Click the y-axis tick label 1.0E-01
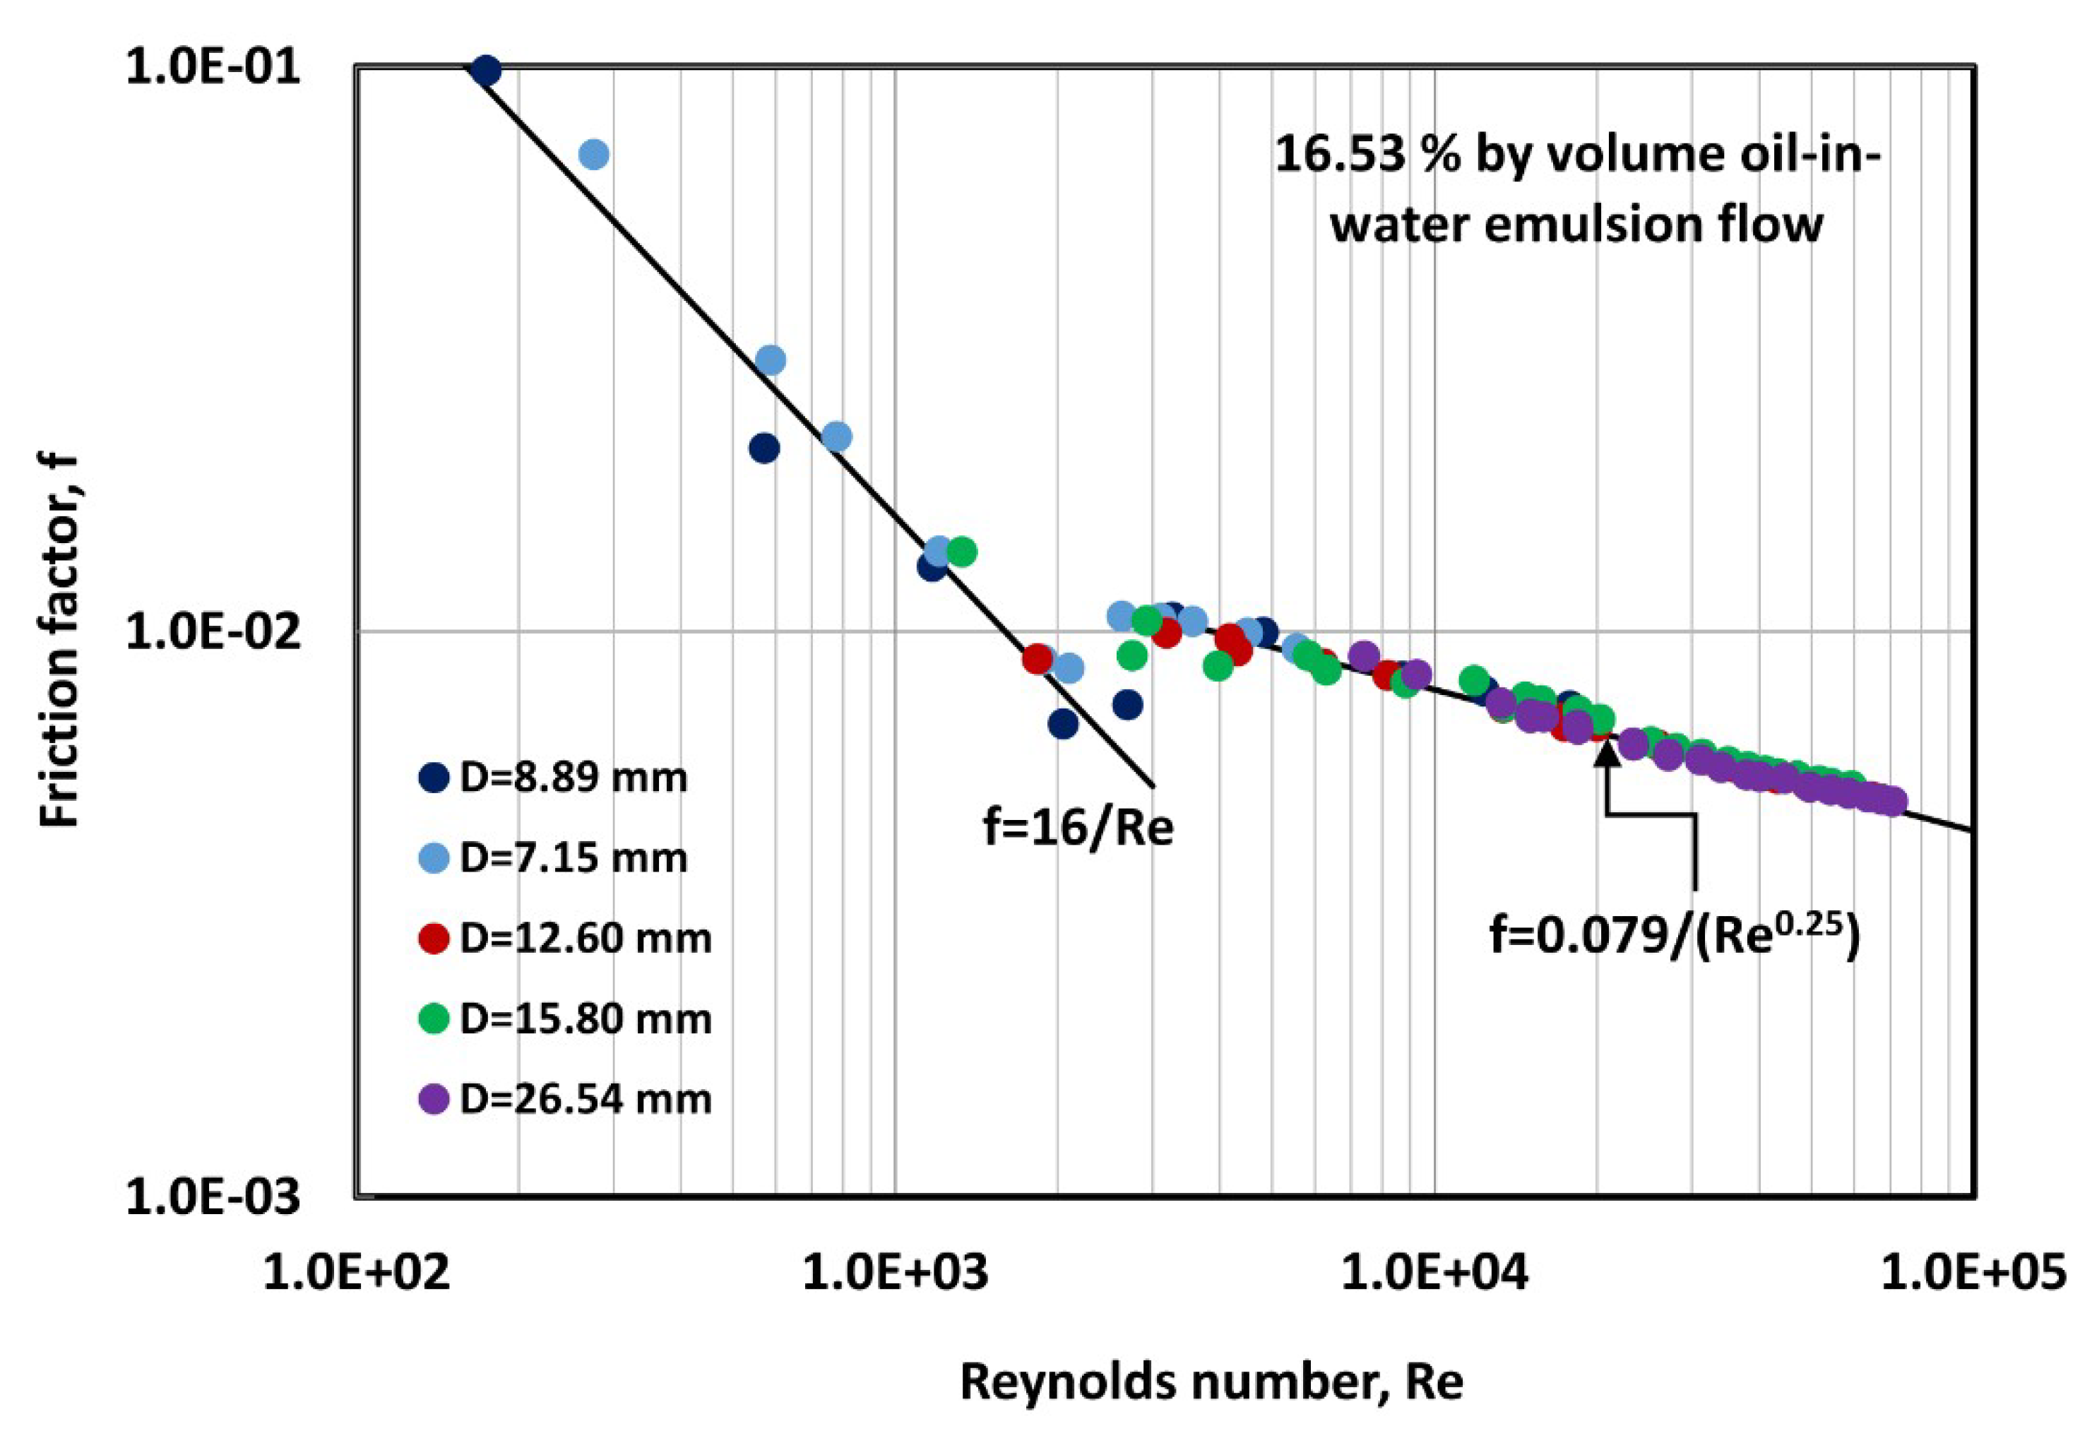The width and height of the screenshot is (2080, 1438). (213, 68)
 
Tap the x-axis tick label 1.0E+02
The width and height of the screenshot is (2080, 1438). (357, 1274)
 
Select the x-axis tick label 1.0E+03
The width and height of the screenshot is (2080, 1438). (896, 1274)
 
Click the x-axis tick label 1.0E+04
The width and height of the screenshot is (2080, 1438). (1434, 1274)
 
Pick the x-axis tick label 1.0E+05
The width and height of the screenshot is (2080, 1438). (1973, 1274)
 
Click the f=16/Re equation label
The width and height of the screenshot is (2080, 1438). (1078, 827)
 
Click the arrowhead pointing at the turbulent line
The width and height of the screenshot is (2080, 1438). (1607, 755)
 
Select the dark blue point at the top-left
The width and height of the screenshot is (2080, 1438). (485, 71)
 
